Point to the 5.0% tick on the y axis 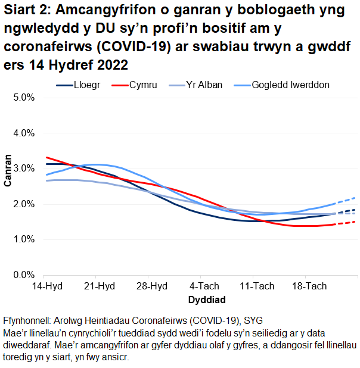24,98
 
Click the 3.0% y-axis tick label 24,169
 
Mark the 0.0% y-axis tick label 24,275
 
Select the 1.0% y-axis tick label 24,239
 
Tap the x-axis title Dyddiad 203,298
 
